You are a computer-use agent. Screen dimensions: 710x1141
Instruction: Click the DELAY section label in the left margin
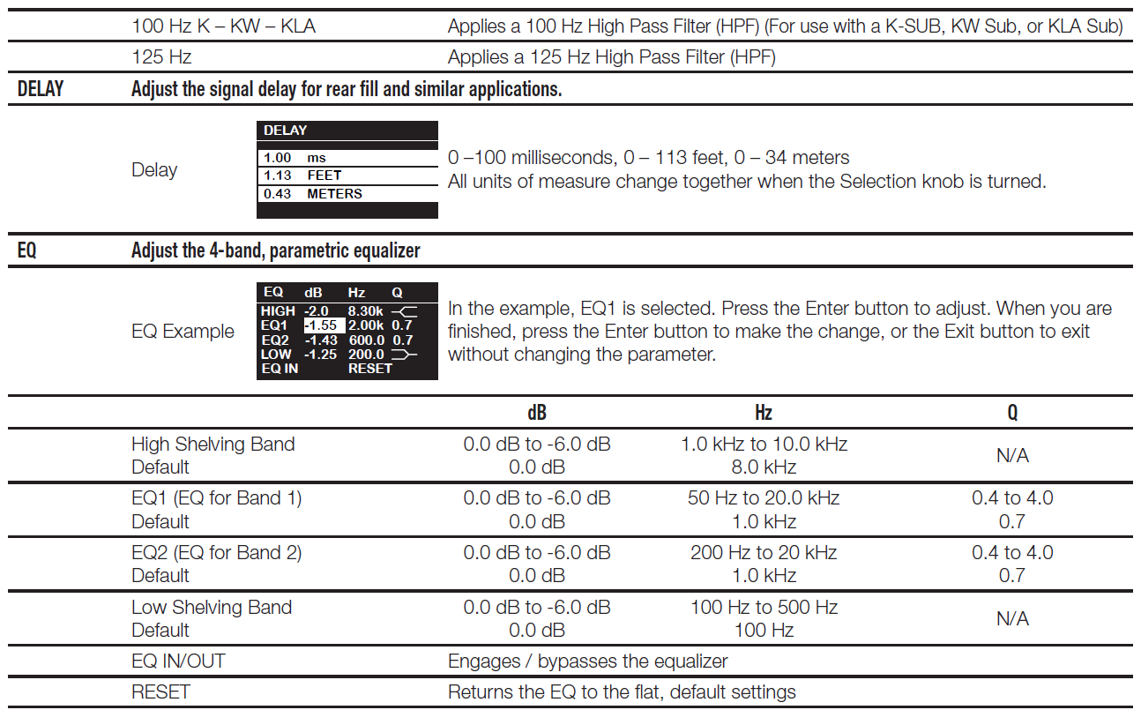pos(41,89)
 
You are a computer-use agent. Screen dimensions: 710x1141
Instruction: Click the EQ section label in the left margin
pos(27,250)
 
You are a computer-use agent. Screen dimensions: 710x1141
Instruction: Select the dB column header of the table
pos(536,413)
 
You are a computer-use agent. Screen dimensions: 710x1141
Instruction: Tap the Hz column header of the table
pos(764,413)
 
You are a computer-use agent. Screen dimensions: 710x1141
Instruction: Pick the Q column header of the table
pos(1012,413)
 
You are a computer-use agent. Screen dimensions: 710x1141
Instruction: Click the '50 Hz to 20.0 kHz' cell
pos(764,498)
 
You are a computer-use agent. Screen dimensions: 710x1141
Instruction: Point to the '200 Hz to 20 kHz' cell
pos(764,553)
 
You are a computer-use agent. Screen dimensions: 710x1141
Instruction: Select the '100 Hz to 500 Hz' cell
pos(764,608)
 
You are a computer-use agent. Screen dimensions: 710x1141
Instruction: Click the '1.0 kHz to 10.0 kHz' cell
pos(764,444)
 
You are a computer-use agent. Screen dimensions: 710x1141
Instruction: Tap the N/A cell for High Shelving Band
pos(1012,455)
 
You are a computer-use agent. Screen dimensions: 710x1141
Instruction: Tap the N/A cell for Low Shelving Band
pos(1012,619)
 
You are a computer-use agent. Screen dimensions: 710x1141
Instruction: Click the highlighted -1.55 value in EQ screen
pos(323,325)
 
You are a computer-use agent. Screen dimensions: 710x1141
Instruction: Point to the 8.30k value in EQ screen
pos(365,311)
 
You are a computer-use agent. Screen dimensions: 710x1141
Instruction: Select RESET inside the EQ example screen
pos(369,369)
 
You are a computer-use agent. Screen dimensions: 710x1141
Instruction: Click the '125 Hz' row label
pos(161,57)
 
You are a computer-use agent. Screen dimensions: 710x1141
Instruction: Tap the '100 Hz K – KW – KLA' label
pos(223,26)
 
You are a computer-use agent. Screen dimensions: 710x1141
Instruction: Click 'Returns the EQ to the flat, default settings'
pos(622,692)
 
